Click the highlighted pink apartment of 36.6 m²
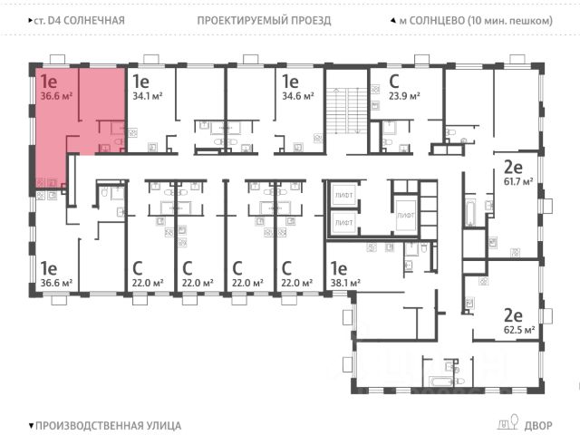[68, 118]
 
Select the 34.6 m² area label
[298, 94]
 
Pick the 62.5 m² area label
[521, 330]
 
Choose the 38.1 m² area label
[345, 283]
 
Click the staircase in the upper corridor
[345, 108]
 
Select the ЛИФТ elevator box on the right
[406, 216]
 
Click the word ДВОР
[536, 424]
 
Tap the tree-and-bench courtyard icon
[507, 423]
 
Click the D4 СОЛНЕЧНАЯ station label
[76, 20]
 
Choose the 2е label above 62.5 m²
[513, 315]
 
